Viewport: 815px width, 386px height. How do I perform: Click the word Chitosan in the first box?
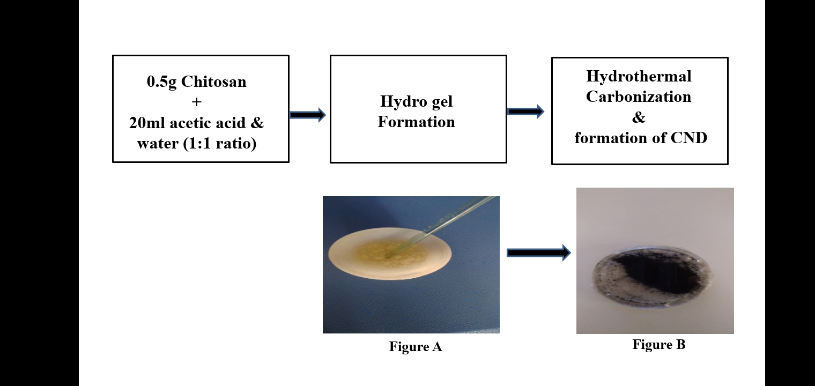pyautogui.click(x=214, y=82)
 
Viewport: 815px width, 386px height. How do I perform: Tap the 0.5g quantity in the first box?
pyautogui.click(x=162, y=82)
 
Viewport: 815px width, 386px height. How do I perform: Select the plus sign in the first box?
pyautogui.click(x=197, y=102)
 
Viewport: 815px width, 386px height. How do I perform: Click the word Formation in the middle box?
pyautogui.click(x=416, y=122)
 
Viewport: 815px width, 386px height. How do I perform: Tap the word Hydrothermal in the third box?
pyautogui.click(x=639, y=76)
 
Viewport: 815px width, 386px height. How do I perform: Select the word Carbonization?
pyautogui.click(x=639, y=96)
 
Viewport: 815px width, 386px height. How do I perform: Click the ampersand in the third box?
pyautogui.click(x=639, y=117)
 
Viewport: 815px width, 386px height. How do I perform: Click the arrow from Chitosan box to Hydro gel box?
pyautogui.click(x=308, y=114)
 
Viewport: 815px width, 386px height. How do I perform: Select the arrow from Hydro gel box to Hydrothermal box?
pyautogui.click(x=525, y=112)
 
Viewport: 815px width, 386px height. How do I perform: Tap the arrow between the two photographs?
pyautogui.click(x=538, y=253)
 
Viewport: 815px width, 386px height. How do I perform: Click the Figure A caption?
pyautogui.click(x=416, y=347)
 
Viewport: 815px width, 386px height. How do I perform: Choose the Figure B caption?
pyautogui.click(x=658, y=345)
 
